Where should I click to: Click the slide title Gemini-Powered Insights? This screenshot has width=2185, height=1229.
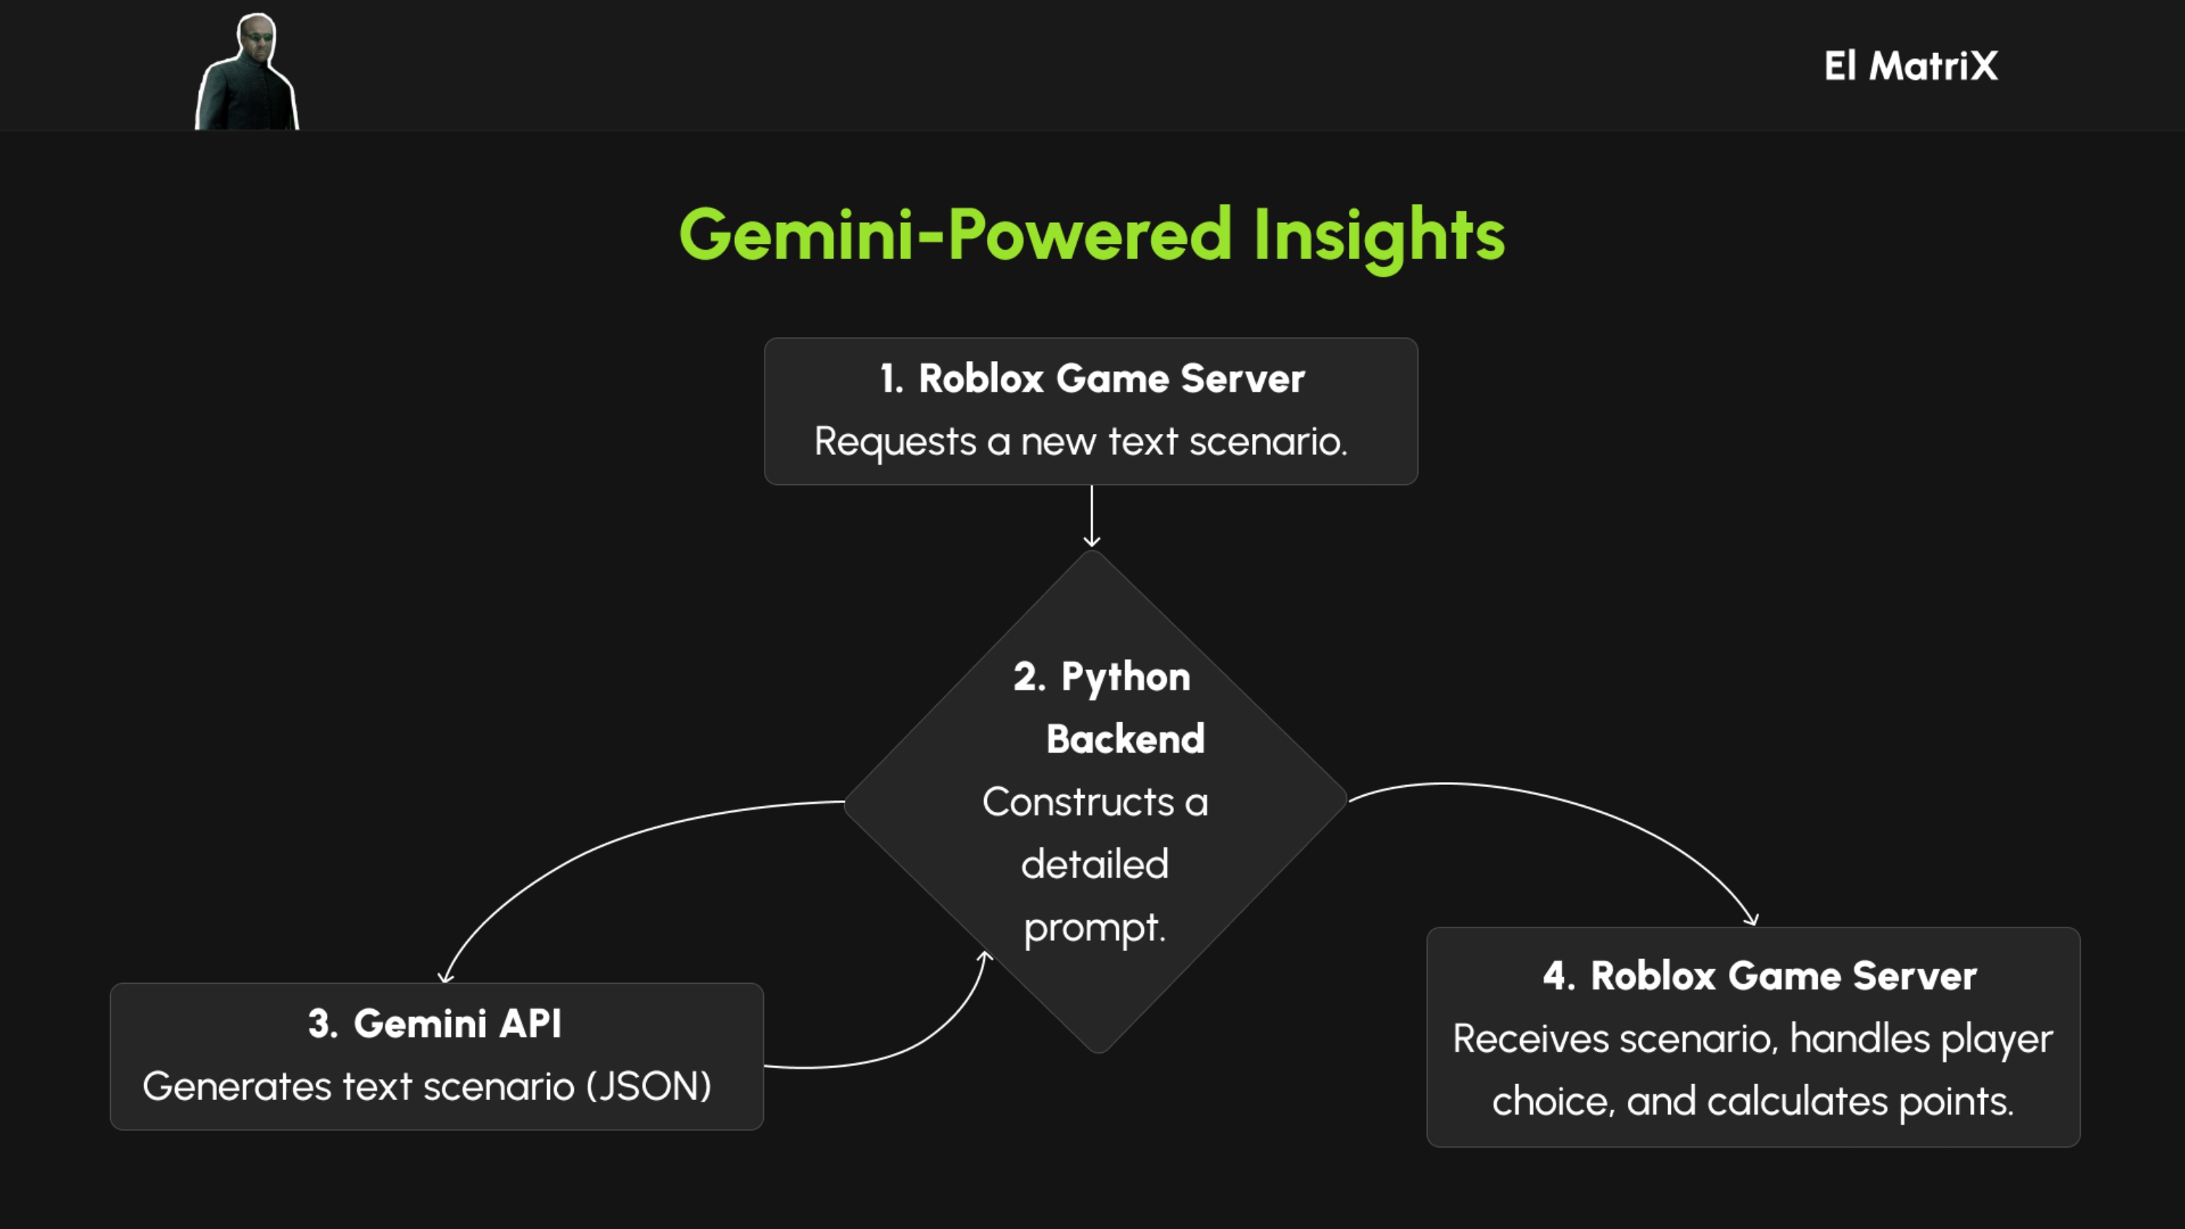pos(1092,236)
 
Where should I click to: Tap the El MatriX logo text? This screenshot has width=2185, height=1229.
pos(1911,66)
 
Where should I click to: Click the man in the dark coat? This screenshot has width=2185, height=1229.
pos(247,71)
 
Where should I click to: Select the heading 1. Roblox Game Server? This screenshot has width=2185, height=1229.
pos(1092,379)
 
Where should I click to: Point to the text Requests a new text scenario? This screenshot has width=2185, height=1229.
pos(1081,442)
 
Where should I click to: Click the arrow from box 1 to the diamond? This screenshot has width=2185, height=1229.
pos(1092,516)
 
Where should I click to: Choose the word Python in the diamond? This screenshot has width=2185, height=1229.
pos(1125,678)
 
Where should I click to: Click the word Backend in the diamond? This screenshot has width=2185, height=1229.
pos(1125,739)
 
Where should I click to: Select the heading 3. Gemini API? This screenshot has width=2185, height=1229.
pos(434,1024)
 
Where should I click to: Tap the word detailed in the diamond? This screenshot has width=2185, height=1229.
pos(1094,864)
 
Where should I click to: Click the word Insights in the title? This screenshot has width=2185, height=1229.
pos(1379,236)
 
